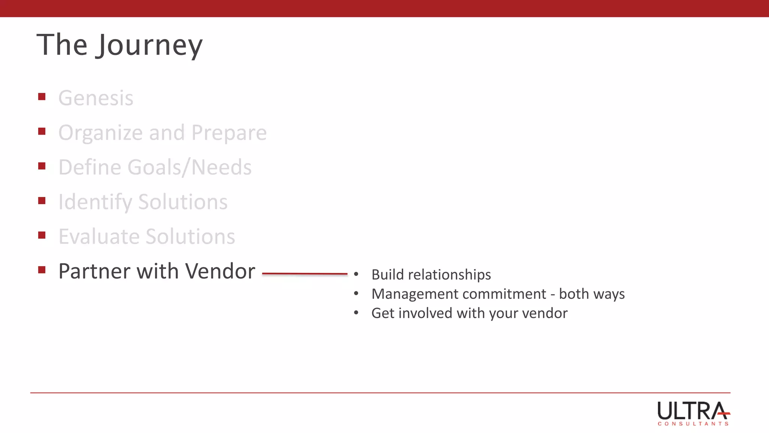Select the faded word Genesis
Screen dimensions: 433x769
tap(96, 98)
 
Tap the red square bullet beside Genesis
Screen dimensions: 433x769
tap(42, 97)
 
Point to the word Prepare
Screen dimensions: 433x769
tap(229, 133)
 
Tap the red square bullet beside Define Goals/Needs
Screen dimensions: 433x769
tap(42, 166)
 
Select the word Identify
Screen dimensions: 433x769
tap(95, 202)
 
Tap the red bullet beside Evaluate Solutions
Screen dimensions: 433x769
tap(42, 235)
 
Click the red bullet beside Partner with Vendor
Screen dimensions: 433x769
tap(42, 269)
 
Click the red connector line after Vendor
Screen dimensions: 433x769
tap(305, 274)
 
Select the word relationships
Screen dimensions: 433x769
tap(449, 275)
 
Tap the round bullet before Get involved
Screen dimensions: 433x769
tap(356, 313)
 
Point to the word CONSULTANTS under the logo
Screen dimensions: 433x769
tap(693, 424)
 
